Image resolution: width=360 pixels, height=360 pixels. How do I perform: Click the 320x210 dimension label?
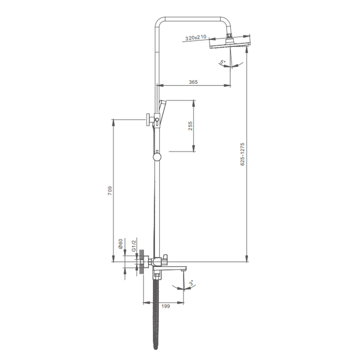196,37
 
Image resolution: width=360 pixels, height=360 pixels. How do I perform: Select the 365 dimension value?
193,82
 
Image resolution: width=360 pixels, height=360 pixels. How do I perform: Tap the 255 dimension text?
190,126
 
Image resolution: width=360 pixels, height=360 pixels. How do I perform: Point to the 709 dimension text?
110,190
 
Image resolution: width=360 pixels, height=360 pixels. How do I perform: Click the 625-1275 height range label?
242,154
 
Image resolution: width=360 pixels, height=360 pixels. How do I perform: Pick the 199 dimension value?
166,306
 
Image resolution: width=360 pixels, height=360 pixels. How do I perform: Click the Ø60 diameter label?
121,244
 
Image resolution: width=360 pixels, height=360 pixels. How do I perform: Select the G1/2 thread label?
134,245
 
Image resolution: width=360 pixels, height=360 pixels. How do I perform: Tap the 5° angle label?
222,62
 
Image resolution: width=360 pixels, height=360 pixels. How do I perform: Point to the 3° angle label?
191,283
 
